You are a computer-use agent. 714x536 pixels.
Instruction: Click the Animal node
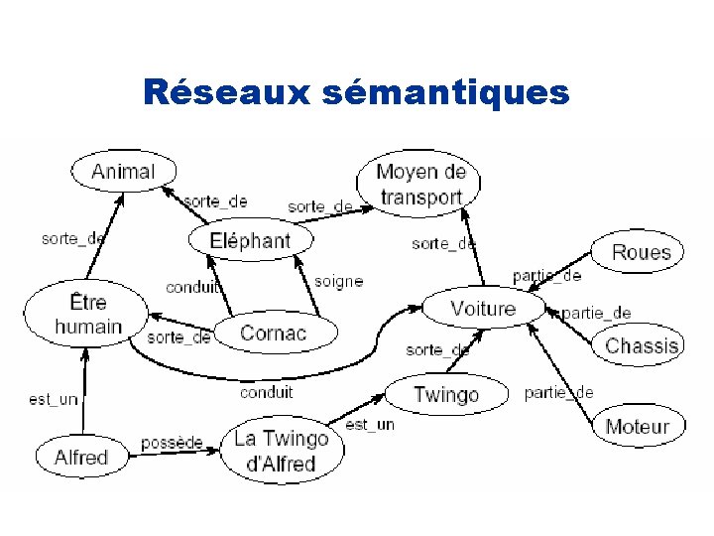(123, 171)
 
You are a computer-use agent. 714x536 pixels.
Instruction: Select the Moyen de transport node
(420, 185)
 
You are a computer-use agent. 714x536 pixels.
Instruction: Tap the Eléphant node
(250, 240)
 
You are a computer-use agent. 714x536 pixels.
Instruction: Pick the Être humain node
(88, 314)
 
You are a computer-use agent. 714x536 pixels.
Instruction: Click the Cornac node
(274, 334)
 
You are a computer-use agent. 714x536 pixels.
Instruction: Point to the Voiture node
(483, 309)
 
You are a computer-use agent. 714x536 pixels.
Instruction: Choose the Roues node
(641, 252)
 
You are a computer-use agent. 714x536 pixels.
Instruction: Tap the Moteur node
(637, 427)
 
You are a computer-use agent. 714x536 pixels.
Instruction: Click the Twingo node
(445, 394)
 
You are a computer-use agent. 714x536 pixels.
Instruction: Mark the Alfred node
(81, 458)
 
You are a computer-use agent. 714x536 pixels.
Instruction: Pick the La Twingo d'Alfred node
(282, 451)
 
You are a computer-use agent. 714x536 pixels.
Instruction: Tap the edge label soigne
(338, 281)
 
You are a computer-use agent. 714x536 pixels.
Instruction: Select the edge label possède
(172, 442)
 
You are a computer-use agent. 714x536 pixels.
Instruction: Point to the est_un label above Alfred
(54, 399)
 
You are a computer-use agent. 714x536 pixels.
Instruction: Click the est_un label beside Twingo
(370, 425)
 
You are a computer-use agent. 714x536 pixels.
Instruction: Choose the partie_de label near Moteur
(558, 392)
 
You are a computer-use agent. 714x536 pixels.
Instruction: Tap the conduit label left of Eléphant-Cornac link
(192, 288)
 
